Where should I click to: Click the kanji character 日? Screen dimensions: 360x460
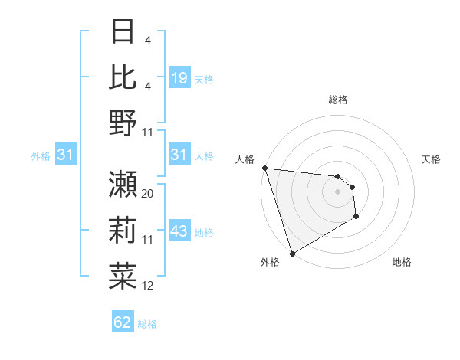(x=123, y=31)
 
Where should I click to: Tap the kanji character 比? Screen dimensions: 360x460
(x=123, y=76)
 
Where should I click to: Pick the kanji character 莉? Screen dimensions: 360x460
(x=123, y=229)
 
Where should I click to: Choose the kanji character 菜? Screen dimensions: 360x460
(x=123, y=274)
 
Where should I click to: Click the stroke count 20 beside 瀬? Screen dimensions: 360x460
(x=148, y=194)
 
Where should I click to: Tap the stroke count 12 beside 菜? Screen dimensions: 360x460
(x=148, y=286)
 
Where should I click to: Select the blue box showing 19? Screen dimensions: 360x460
(x=179, y=78)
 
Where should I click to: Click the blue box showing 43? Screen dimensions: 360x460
(x=179, y=232)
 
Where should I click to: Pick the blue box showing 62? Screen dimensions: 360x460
(x=123, y=322)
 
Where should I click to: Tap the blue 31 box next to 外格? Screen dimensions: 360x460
(x=65, y=155)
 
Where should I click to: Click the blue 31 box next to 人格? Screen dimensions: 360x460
(x=179, y=155)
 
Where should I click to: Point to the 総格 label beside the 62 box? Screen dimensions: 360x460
(x=147, y=324)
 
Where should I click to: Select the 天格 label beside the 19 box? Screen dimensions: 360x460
(x=204, y=79)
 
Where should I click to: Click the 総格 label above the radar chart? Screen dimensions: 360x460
(x=337, y=100)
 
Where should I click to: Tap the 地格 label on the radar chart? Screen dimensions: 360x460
(x=402, y=262)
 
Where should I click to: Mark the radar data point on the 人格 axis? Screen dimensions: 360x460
(x=264, y=168)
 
